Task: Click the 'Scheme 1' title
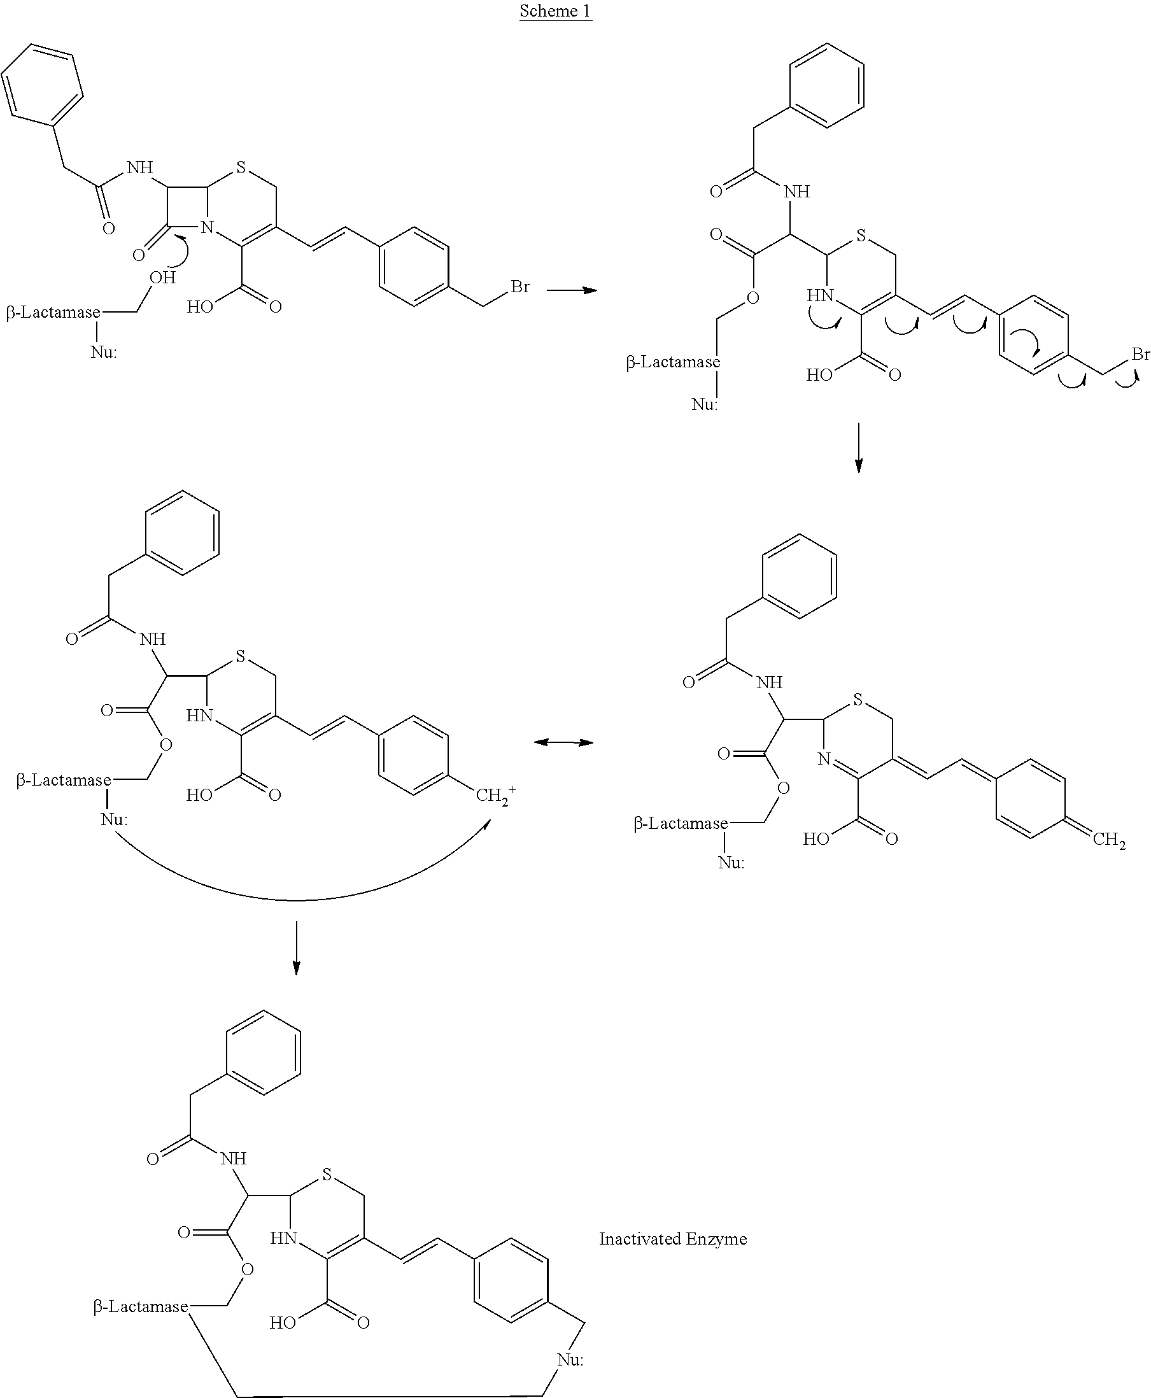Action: [x=555, y=11]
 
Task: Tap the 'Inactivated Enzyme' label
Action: [x=672, y=1239]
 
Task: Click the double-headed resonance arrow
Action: [x=563, y=742]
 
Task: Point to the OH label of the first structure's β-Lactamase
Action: [x=162, y=277]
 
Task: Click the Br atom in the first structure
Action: [x=520, y=286]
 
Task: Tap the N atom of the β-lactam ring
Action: [x=208, y=228]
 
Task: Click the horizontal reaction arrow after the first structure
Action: [x=572, y=290]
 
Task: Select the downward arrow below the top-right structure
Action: [x=859, y=448]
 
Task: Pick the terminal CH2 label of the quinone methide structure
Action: [x=1109, y=840]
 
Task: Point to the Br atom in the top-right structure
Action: [x=1140, y=354]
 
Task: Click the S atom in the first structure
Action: [x=241, y=167]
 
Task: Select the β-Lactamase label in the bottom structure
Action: [x=141, y=1306]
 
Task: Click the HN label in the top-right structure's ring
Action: [x=819, y=295]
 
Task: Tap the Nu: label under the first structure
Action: [x=103, y=351]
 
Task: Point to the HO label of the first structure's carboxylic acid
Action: [x=199, y=306]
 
